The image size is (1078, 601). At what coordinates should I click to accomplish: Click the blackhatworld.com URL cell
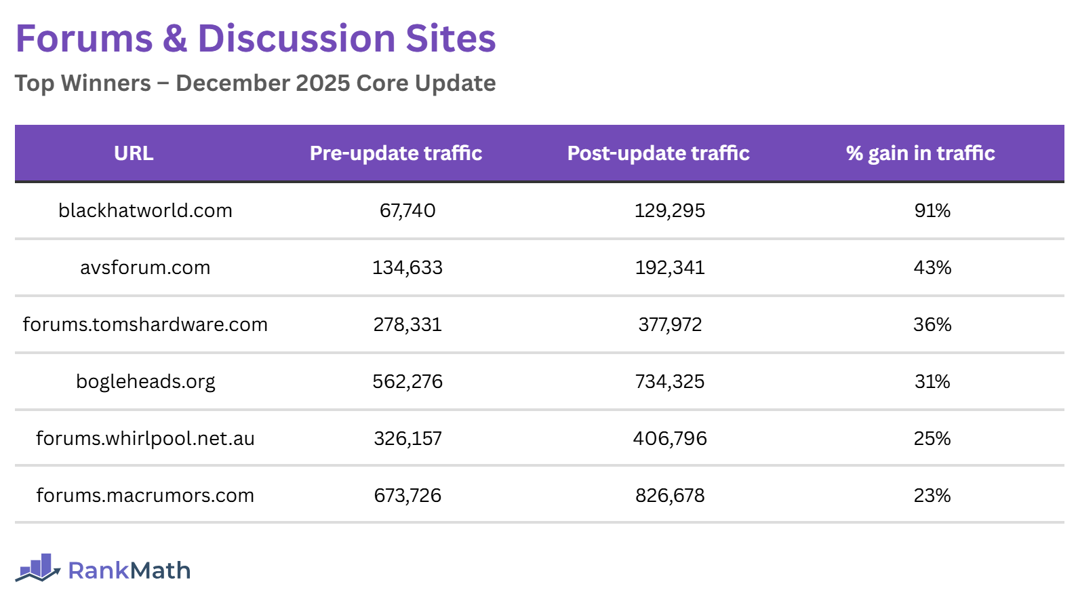pos(145,210)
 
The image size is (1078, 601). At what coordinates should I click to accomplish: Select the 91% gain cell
pos(932,210)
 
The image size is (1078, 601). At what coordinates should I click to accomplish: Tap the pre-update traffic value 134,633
pos(407,267)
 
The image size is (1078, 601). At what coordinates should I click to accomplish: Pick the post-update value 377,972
pos(670,324)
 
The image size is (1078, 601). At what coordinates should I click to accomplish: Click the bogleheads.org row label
pos(145,381)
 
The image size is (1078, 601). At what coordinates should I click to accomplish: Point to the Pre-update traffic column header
pos(396,153)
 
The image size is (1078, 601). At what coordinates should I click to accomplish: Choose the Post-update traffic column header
pos(658,153)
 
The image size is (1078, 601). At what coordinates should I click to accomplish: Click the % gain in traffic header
pos(920,153)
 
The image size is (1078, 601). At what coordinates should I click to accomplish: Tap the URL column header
pos(134,153)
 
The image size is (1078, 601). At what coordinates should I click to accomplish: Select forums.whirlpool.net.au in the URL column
pos(145,438)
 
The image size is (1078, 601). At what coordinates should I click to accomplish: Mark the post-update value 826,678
pos(670,495)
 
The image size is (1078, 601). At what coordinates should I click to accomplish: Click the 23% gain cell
pos(932,495)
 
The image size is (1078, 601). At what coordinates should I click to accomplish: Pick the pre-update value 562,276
pos(407,381)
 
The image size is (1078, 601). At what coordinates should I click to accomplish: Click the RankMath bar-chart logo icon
pos(38,568)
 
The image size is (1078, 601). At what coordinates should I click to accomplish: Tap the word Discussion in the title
pos(296,39)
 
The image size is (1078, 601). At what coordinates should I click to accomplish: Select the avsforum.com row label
pos(145,267)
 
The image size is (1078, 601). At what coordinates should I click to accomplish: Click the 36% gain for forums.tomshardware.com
pos(932,324)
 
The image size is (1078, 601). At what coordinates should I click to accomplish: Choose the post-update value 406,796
pos(670,438)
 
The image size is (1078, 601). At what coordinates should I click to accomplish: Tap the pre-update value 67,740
pos(407,210)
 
